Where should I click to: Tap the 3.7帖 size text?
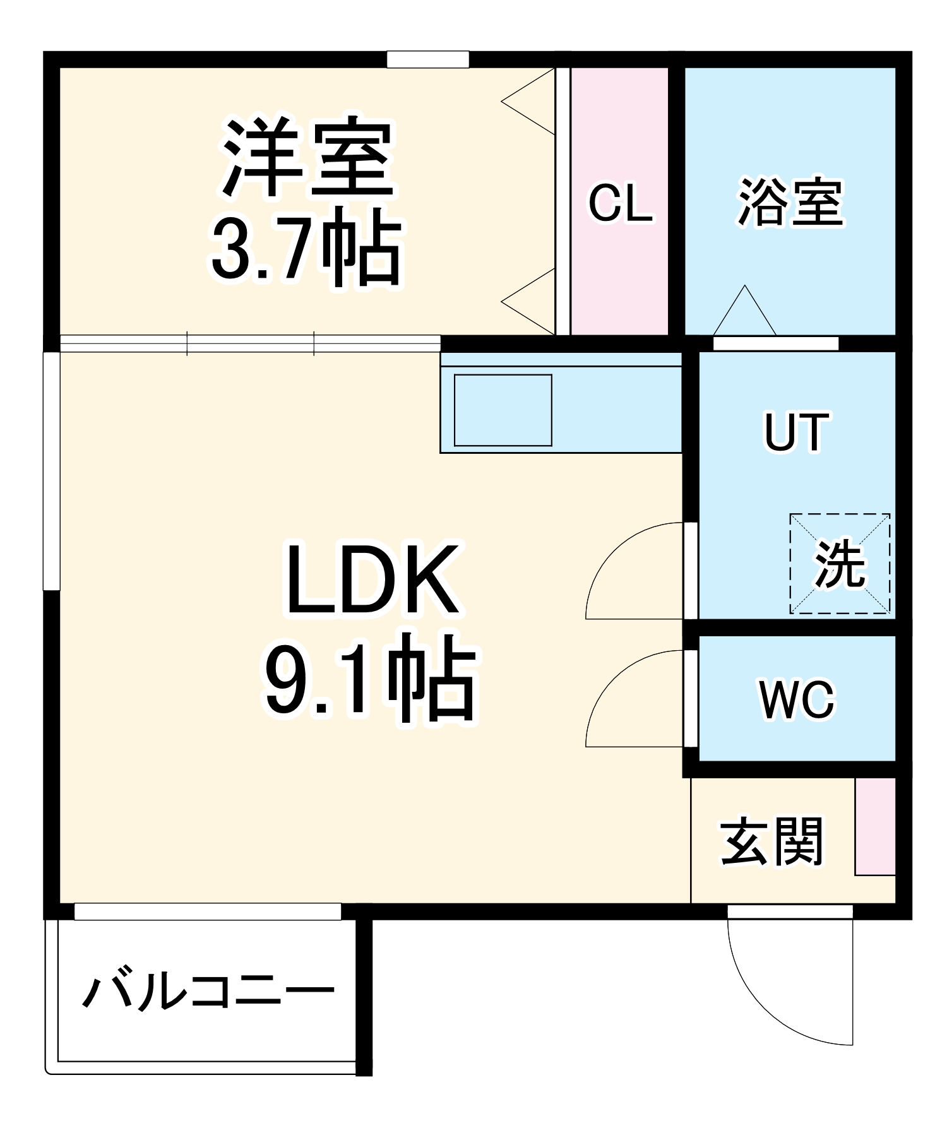[x=306, y=247]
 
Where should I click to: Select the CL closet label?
[x=620, y=203]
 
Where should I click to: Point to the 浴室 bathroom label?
[x=790, y=202]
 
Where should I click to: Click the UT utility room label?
[x=795, y=432]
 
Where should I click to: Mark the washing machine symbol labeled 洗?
[x=840, y=563]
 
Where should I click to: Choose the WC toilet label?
[x=797, y=699]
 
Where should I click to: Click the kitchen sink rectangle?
[x=503, y=410]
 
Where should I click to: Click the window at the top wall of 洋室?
[x=427, y=59]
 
